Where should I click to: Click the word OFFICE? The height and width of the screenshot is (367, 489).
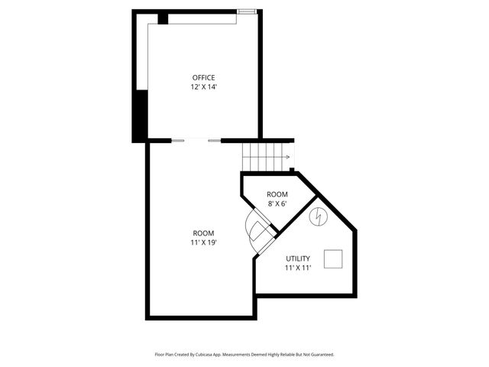coord(203,77)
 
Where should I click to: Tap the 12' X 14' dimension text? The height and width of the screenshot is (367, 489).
coord(203,87)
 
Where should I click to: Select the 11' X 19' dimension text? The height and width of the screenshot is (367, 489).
coord(203,243)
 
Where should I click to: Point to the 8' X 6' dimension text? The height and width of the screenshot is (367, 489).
coord(277,204)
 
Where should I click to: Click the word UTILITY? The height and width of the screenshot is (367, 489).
coord(298,259)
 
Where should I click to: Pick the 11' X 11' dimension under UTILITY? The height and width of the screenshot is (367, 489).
coord(298,269)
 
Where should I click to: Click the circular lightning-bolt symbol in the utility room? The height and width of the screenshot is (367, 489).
coord(316,218)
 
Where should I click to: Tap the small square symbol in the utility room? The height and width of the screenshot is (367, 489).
coord(333,260)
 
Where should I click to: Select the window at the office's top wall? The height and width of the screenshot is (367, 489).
coord(246,11)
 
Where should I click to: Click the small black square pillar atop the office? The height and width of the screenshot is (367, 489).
coord(163,18)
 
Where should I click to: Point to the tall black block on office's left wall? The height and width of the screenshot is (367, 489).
coord(139,115)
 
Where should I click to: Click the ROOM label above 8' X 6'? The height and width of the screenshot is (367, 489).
coord(277,195)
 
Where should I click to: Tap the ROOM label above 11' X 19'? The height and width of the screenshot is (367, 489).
coord(203,233)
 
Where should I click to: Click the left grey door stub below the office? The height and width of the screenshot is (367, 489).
coord(177,141)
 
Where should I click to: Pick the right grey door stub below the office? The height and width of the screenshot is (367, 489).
coord(215,141)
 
